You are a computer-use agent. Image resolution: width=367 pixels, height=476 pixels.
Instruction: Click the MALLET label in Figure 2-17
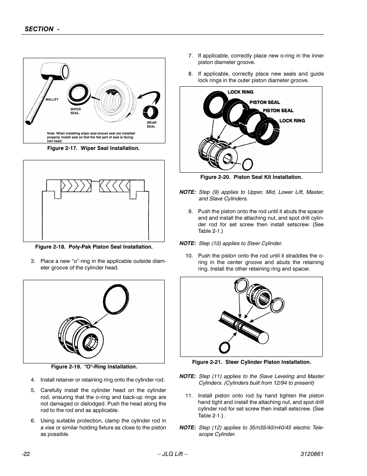[52, 99]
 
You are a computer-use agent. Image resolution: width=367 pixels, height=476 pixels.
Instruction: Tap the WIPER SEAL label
[75, 111]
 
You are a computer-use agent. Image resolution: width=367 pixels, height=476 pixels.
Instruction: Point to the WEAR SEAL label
[151, 124]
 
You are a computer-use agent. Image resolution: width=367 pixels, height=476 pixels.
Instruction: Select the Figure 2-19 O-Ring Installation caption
[91, 367]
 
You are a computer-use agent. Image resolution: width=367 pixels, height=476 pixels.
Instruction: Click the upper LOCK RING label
[240, 92]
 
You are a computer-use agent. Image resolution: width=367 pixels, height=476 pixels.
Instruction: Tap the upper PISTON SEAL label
[265, 102]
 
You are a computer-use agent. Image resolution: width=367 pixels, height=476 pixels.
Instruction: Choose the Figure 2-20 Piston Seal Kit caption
[251, 177]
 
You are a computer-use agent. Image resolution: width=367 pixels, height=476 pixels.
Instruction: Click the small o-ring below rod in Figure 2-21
[225, 347]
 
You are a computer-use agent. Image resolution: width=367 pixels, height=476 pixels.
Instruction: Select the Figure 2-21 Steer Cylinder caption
[251, 362]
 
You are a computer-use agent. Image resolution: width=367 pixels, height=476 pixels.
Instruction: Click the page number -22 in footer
[26, 454]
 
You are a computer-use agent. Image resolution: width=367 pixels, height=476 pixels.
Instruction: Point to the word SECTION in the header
[39, 29]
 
